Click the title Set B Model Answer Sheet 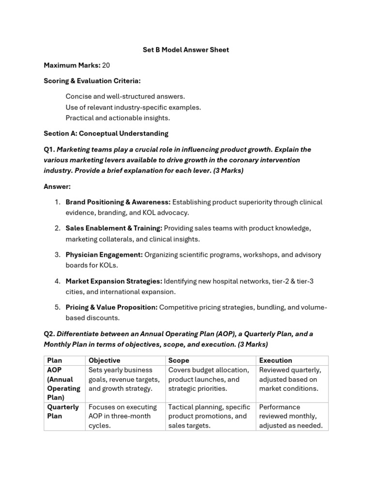coord(186,50)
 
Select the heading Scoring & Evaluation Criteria coord(92,81)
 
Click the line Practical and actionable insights coord(118,118)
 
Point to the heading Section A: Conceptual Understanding coord(106,133)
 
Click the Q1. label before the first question coord(49,149)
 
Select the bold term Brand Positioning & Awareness coord(118,202)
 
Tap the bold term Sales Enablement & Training coord(114,228)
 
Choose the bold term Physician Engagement coord(104,255)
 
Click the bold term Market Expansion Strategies coord(114,281)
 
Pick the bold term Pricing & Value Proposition coord(111,307)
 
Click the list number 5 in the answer coord(57,307)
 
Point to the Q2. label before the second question coord(49,334)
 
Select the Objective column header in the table coord(104,360)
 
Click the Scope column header coord(179,360)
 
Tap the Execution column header coord(276,360)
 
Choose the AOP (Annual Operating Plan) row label coord(63,384)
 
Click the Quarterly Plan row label coord(63,412)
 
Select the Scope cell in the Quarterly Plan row coord(209,416)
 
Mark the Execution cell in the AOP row coord(290,379)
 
